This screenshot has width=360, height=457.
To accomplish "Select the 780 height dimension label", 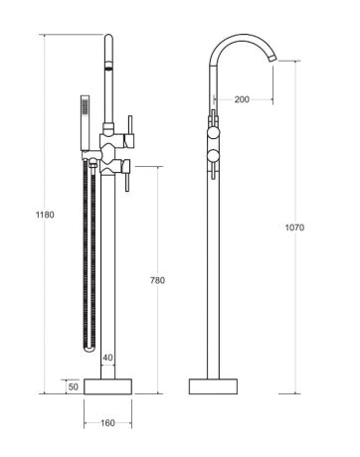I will [156, 281].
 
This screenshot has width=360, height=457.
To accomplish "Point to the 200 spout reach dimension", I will [241, 99].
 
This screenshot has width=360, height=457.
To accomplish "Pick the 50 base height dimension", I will [73, 385].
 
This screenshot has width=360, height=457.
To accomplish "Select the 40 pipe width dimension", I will [107, 358].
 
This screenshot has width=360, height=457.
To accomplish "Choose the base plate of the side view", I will [216, 385].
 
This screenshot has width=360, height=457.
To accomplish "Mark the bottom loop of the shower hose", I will [90, 350].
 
